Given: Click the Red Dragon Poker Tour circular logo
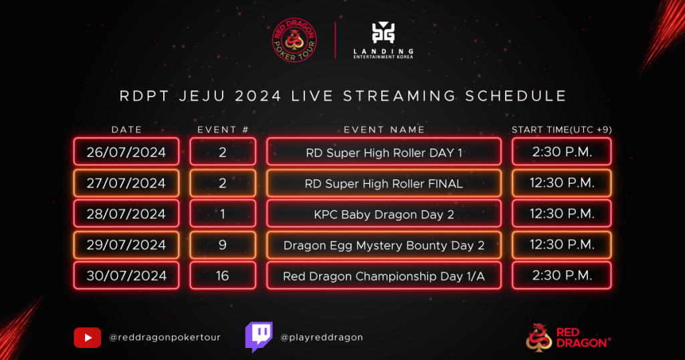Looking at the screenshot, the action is (x=294, y=39).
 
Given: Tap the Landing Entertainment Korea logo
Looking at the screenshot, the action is (x=383, y=39).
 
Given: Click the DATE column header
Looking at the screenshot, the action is (x=126, y=130).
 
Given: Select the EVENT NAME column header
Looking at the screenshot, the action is (x=384, y=130).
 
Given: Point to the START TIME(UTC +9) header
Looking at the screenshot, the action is (x=561, y=130).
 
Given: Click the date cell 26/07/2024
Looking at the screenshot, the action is (x=126, y=152).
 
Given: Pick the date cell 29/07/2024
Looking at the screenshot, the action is (x=126, y=245).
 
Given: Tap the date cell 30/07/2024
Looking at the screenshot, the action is (x=126, y=276).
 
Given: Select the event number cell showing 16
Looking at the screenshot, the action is (x=223, y=276).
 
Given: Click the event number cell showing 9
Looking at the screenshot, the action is (x=223, y=245).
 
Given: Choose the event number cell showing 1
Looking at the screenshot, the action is (x=223, y=213).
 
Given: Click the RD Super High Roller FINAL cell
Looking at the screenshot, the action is (x=384, y=183).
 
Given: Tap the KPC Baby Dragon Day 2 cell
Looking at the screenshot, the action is (x=384, y=213).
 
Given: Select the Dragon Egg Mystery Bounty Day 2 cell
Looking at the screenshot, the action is (x=384, y=245).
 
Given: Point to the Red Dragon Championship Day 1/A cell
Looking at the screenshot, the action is (x=384, y=276).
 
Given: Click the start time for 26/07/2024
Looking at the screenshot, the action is (x=562, y=152).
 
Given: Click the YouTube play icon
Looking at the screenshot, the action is (x=88, y=338).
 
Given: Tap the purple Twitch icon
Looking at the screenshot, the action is (x=259, y=337).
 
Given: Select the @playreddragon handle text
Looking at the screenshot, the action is (x=322, y=337).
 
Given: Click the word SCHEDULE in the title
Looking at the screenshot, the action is (x=516, y=96).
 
